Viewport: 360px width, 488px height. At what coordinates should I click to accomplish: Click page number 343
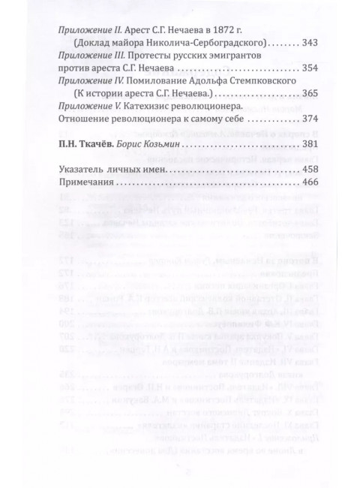coord(309,42)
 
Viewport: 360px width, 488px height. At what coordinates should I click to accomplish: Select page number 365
coord(309,94)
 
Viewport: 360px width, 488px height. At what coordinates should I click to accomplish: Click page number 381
coord(309,143)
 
